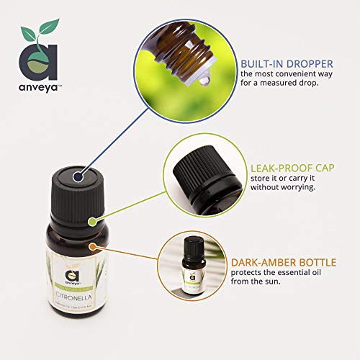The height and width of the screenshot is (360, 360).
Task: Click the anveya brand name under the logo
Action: (x=36, y=84)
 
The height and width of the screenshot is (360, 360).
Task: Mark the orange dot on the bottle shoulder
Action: (x=92, y=247)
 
